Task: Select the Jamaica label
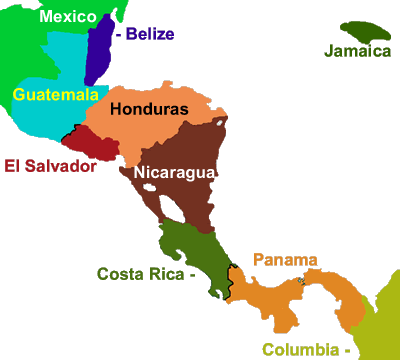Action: coord(357,51)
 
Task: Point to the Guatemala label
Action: coord(56,94)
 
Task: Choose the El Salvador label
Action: coord(50,166)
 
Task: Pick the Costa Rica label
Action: coord(140,273)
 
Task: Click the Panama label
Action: coord(285,259)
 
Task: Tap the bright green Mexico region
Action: coord(20,50)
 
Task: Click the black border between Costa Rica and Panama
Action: coord(230,280)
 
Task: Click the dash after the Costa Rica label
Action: coord(191,273)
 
